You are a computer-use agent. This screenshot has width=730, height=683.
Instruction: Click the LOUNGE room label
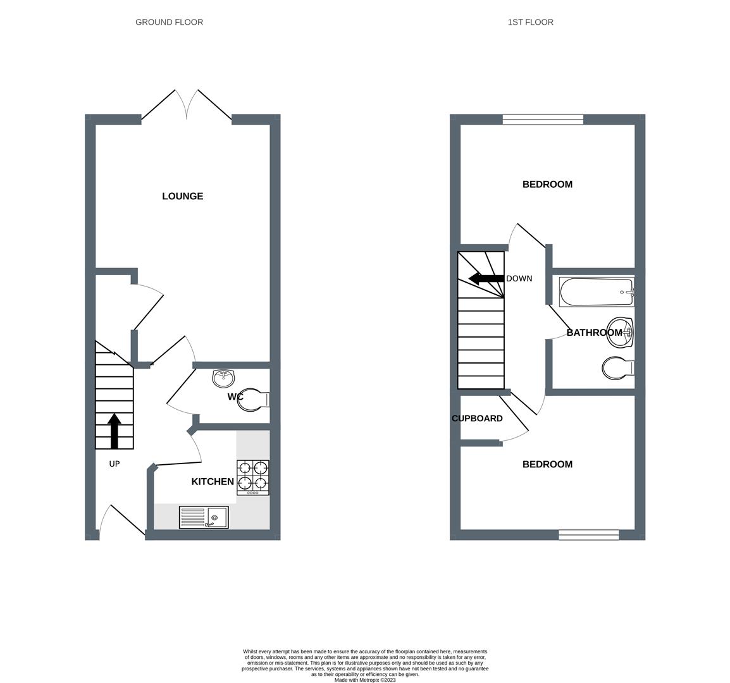coord(182,196)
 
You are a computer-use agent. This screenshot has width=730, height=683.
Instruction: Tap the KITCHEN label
coord(213,482)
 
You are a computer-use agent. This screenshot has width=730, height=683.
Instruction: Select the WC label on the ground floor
coord(236,397)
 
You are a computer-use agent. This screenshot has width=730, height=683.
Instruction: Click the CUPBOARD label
coord(477,419)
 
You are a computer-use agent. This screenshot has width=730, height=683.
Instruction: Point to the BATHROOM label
coord(594,333)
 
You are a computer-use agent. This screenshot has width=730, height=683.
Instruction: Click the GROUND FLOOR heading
coord(169,22)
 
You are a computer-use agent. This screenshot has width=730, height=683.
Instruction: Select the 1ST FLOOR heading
coord(530,22)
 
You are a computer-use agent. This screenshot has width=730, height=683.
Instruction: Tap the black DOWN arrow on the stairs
coord(485,278)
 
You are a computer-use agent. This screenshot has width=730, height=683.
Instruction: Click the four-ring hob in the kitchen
coord(253,477)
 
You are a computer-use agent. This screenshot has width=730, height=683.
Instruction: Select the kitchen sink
coord(203,517)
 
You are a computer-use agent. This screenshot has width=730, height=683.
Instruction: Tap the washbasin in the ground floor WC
coord(223,378)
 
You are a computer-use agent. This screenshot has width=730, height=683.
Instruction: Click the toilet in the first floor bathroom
coord(618,368)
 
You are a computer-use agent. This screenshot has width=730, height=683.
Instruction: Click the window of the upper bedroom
coord(543,119)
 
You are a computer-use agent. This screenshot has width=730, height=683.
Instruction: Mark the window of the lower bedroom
coord(588,535)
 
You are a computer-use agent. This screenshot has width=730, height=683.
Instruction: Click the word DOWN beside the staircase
coord(519,279)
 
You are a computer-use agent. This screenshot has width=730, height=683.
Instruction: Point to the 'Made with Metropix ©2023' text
coord(365,680)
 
